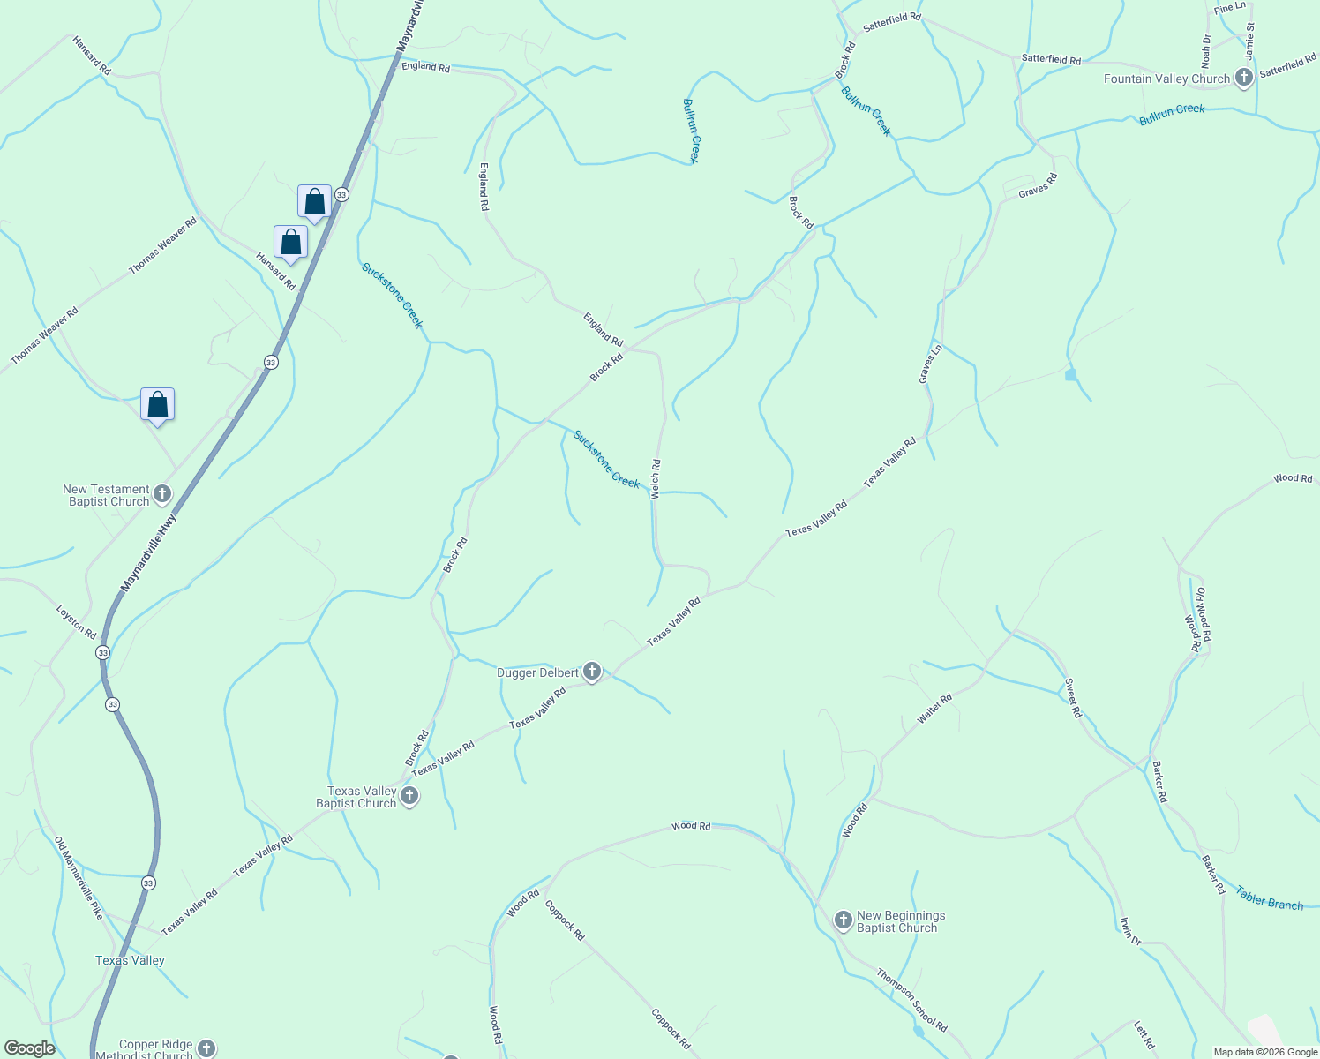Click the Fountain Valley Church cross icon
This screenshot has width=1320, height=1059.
[x=1243, y=78]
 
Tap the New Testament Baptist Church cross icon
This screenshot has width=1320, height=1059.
[x=161, y=494]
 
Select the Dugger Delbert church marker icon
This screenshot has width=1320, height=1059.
[x=592, y=672]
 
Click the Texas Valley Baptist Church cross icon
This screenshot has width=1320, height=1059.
[x=409, y=796]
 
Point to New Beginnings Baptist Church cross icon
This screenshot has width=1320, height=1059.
[x=843, y=921]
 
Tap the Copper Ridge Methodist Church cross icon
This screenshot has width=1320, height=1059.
[x=206, y=1048]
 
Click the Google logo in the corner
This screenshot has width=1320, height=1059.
[x=29, y=1048]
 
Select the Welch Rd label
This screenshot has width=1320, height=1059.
[x=656, y=479]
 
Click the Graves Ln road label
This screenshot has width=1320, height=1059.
[x=930, y=364]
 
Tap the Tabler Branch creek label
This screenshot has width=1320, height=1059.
[x=1269, y=898]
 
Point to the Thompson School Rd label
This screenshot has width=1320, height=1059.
[x=911, y=1001]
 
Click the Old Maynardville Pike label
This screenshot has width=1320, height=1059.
[x=79, y=878]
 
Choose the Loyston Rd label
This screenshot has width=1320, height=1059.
[x=76, y=621]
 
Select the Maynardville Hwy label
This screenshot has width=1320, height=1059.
[x=148, y=553]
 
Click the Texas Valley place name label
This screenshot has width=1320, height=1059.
[x=130, y=960]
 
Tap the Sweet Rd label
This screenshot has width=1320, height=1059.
[x=1073, y=698]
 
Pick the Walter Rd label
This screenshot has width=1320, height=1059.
[x=934, y=710]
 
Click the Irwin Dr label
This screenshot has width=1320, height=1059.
[x=1130, y=931]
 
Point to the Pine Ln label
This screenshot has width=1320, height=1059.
[x=1229, y=8]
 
